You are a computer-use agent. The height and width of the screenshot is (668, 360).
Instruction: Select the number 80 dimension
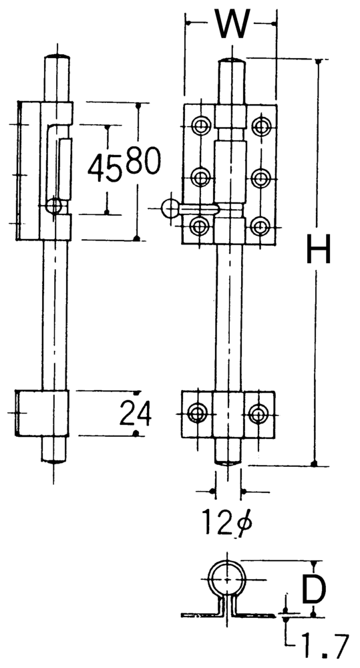(x=144, y=160)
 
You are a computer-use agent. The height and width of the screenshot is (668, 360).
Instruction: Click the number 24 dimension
(x=135, y=413)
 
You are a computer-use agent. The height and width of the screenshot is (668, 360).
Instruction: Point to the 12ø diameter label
(x=226, y=522)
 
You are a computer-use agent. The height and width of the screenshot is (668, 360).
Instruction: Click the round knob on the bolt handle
(x=170, y=208)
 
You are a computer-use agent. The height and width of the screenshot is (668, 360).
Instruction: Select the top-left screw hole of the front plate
(x=200, y=126)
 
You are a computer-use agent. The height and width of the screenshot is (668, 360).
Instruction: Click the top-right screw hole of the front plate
(x=260, y=126)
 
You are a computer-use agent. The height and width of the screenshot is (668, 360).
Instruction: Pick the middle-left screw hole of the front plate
(x=200, y=177)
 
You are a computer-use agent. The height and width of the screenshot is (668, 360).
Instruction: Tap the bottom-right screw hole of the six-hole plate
(x=260, y=226)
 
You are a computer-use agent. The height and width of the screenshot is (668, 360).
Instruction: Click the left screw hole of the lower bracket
(x=197, y=413)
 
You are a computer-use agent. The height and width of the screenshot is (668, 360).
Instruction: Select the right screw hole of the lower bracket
(x=257, y=413)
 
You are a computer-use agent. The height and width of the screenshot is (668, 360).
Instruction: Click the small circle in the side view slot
(x=55, y=206)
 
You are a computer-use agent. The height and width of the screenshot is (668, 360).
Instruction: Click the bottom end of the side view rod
(x=53, y=460)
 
